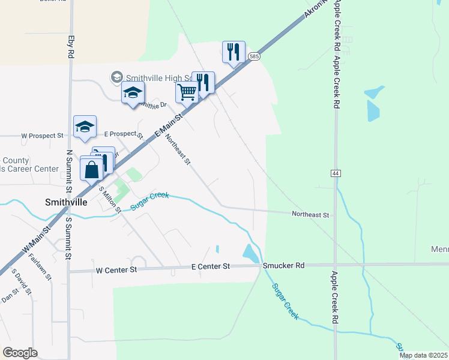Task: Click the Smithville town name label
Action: (66, 202)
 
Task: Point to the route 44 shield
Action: (335, 173)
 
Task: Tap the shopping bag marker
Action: (92, 170)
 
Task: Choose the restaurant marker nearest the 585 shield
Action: (232, 52)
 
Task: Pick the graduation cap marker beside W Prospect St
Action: (85, 127)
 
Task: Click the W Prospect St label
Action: (42, 136)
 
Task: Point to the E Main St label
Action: (169, 125)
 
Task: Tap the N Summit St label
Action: (69, 171)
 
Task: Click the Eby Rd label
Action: (71, 46)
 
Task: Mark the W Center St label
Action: (116, 271)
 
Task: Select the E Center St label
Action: (211, 266)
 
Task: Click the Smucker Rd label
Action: (283, 265)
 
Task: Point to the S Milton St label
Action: (110, 199)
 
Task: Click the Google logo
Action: (20, 353)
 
